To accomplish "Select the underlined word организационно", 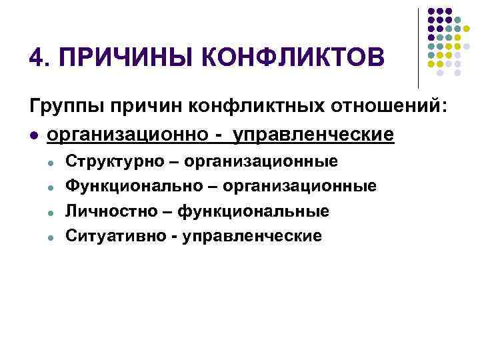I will click(127, 134).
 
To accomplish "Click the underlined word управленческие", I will click(311, 134).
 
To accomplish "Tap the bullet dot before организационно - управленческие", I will click(34, 135).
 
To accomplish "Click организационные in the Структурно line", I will click(261, 161).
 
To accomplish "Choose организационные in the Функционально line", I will click(299, 186).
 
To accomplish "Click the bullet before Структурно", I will click(50, 162).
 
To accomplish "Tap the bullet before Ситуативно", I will click(50, 236).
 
